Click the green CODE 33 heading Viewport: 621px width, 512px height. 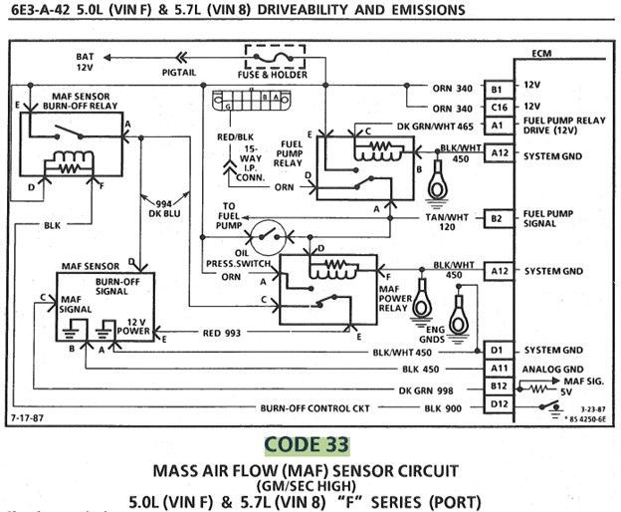tap(308, 442)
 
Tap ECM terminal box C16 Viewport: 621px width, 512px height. tap(498, 107)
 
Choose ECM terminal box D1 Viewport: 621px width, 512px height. tap(498, 351)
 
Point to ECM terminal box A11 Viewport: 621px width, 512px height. tap(498, 368)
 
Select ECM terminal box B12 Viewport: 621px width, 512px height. tap(498, 385)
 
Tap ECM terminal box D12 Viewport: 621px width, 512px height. tap(498, 404)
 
